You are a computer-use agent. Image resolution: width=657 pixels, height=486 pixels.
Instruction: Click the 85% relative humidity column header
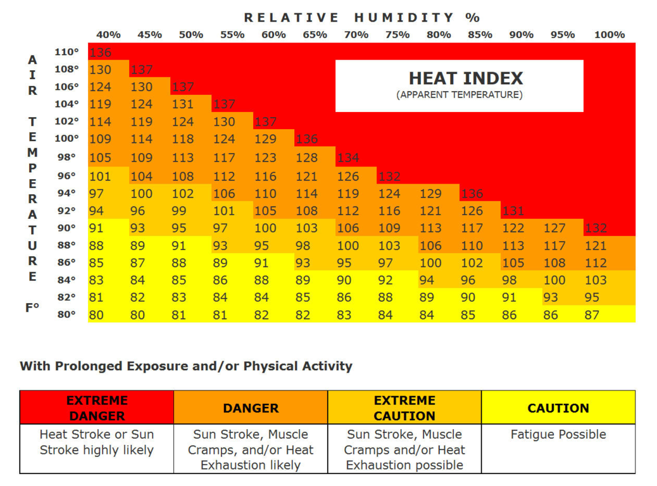[x=480, y=35]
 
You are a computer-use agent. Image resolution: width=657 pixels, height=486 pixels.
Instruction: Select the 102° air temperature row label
[x=66, y=121]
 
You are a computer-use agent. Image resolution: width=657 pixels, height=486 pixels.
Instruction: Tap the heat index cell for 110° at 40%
[x=100, y=53]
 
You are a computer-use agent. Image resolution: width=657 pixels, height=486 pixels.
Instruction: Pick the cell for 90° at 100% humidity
[x=596, y=228]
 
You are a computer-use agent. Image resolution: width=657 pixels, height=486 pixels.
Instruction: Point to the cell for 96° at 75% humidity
[x=389, y=177]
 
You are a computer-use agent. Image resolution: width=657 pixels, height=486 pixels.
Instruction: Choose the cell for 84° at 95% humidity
[x=554, y=280]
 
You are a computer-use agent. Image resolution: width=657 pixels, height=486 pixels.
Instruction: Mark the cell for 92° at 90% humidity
[x=513, y=211]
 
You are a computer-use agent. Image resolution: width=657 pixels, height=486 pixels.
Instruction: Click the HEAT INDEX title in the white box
[x=466, y=78]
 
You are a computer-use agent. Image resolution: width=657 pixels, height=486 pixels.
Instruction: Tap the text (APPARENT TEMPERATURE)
[x=460, y=95]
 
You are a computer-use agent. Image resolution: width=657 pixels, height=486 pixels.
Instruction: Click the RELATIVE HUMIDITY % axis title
[x=362, y=18]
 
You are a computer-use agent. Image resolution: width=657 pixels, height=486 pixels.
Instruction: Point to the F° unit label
[x=32, y=308]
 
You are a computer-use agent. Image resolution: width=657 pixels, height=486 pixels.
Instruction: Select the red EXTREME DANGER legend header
[x=97, y=408]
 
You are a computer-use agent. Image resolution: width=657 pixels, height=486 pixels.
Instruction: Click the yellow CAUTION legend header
[x=558, y=408]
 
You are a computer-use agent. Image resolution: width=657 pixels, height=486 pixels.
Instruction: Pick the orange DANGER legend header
[x=251, y=408]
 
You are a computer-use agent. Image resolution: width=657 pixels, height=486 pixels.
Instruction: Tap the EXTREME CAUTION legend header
[x=404, y=408]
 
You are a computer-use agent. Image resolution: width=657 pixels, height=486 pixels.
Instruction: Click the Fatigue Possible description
[x=558, y=435]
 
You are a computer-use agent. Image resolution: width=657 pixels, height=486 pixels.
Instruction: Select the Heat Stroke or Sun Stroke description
[x=97, y=442]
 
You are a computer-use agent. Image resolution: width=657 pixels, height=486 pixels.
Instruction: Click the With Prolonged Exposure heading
[x=186, y=366]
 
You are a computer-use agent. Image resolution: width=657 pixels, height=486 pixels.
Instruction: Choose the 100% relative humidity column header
[x=609, y=35]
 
